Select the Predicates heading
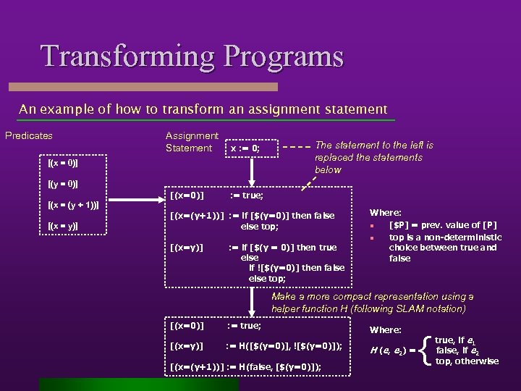tap(29, 135)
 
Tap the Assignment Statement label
tap(191, 142)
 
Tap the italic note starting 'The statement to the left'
tap(373, 157)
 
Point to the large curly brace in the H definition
tap(425, 350)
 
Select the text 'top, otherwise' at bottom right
tap(467, 361)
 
